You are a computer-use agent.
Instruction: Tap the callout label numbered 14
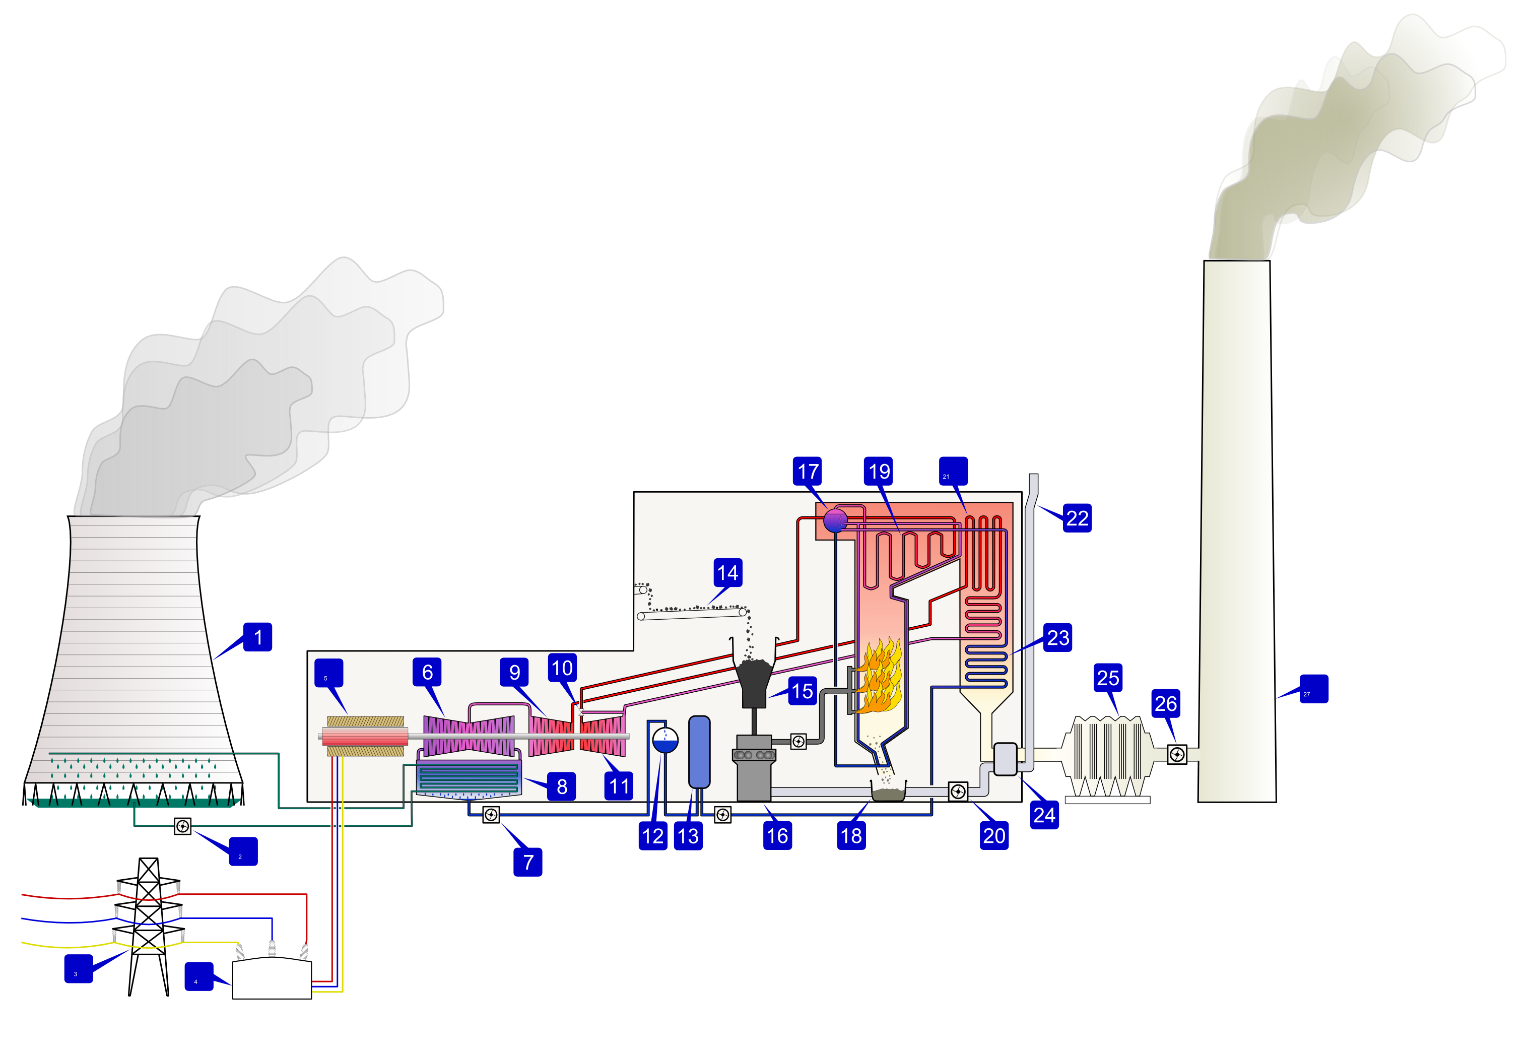tap(727, 572)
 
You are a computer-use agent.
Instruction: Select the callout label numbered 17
tap(808, 472)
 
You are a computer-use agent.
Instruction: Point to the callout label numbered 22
tap(1077, 518)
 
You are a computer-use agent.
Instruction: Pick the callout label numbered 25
tap(1108, 678)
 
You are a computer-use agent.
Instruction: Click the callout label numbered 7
tap(527, 862)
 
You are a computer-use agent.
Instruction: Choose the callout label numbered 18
tap(851, 836)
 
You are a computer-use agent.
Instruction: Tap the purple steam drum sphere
tap(836, 520)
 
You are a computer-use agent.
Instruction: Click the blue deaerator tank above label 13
tap(699, 752)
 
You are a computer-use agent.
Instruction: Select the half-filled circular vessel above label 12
tap(665, 740)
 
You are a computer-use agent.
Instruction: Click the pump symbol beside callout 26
tap(1177, 754)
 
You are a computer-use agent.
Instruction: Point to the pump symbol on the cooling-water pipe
tap(183, 826)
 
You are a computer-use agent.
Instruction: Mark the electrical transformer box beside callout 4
tap(272, 979)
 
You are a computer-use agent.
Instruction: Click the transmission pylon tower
tap(149, 925)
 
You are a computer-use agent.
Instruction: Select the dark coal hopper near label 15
tap(754, 682)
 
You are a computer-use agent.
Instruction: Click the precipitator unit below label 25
tap(1107, 756)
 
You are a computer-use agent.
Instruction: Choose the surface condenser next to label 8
tap(469, 777)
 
